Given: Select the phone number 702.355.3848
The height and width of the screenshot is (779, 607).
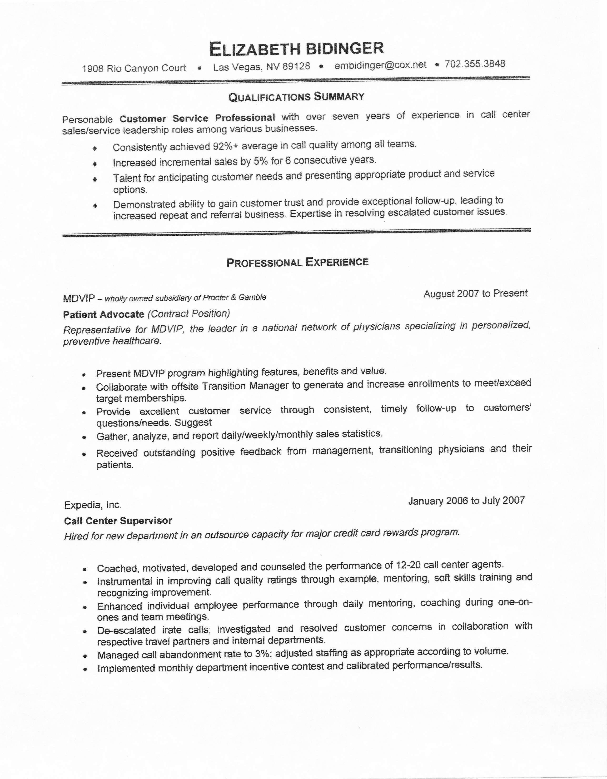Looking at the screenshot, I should coord(475,64).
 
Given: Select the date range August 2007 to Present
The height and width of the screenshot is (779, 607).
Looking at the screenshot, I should coord(475,293).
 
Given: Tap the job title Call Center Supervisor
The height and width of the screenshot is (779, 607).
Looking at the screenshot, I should coord(118,521).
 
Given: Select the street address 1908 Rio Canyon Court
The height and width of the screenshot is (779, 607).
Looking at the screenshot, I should coord(134,68).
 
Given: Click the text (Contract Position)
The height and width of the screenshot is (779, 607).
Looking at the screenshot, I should coord(189,313).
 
